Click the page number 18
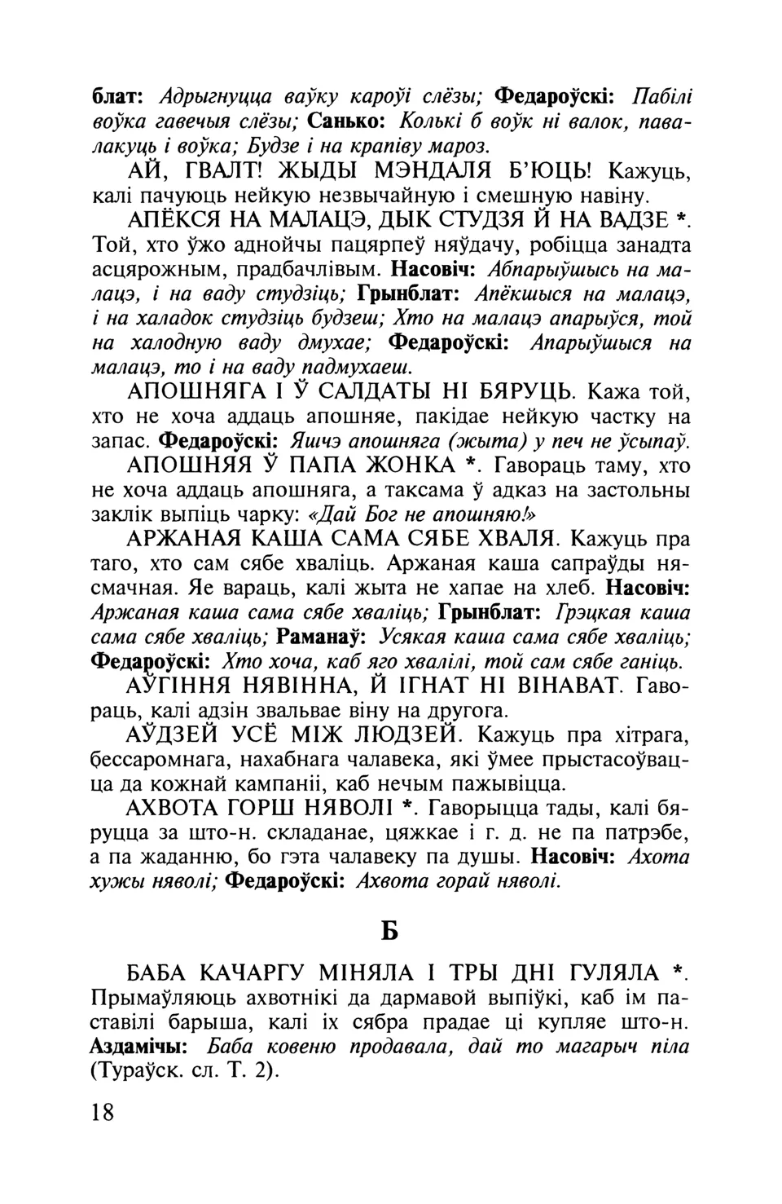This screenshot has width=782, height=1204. coord(103,1112)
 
